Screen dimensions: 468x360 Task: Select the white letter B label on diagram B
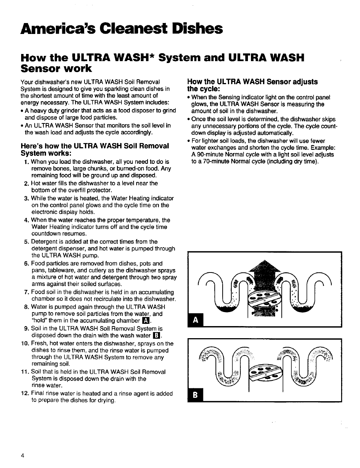point(195,394)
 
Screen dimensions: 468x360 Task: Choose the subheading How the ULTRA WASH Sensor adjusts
point(252,82)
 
